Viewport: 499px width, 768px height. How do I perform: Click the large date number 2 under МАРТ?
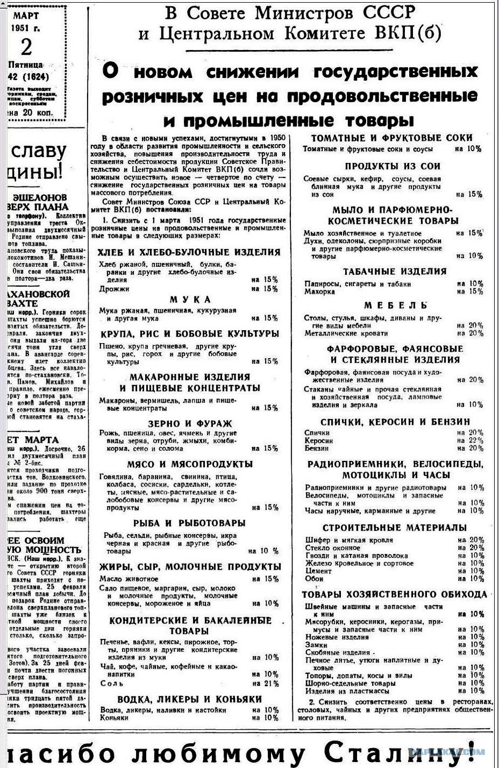[x=26, y=47]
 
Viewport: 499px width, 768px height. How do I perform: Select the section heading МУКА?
[x=190, y=300]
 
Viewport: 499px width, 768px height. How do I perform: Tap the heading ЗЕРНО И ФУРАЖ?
[x=190, y=424]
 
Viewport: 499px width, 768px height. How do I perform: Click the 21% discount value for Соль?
[x=272, y=684]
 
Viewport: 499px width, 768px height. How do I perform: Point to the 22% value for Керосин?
[x=476, y=440]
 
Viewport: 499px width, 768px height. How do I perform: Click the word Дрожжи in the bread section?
[x=114, y=289]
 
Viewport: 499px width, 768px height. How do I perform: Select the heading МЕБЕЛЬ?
[x=395, y=305]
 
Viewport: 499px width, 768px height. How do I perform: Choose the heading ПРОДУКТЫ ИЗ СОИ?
[x=393, y=166]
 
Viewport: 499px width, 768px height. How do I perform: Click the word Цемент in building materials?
[x=319, y=571]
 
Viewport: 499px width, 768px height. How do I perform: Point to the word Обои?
[x=315, y=579]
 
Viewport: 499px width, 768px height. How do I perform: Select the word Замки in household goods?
[x=316, y=645]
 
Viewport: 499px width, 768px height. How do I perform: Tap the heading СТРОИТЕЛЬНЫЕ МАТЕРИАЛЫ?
[x=394, y=528]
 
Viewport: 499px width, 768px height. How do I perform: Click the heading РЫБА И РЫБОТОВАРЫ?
[x=189, y=523]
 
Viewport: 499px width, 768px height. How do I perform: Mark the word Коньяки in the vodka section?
[x=115, y=717]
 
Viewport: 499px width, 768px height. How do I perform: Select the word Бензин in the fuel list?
[x=317, y=448]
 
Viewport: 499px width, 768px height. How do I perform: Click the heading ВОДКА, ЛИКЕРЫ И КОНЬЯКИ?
[x=189, y=699]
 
